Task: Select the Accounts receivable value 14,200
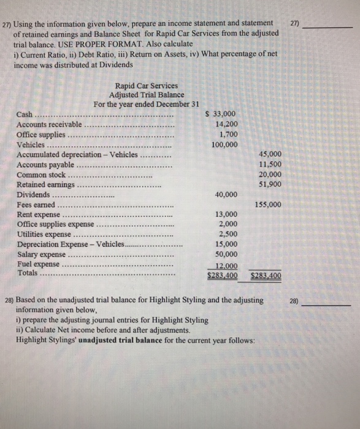click(x=225, y=124)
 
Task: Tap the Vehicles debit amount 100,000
click(x=224, y=145)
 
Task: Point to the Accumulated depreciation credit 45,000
click(x=270, y=154)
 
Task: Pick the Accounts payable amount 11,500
click(x=270, y=164)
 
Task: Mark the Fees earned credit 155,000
click(x=269, y=204)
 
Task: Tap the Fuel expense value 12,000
click(x=226, y=264)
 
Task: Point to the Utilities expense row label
click(x=44, y=234)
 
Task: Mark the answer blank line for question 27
click(x=332, y=28)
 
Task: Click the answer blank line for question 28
click(x=332, y=305)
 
